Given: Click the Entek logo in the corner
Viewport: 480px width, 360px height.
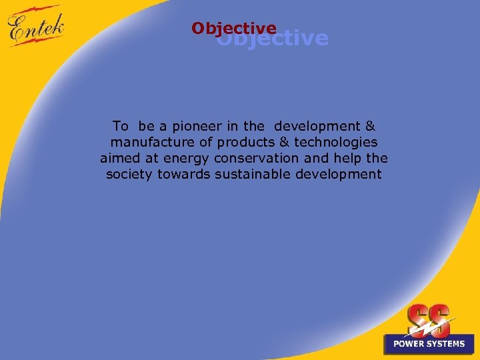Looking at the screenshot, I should tap(37, 27).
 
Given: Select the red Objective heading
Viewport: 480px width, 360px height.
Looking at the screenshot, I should tap(233, 29).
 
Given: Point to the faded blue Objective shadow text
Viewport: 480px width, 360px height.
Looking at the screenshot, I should tap(293, 39).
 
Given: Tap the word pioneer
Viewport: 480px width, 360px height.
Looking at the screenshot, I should tap(198, 125).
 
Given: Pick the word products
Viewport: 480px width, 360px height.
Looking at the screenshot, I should tap(245, 142).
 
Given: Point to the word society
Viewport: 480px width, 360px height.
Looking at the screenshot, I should tap(129, 175).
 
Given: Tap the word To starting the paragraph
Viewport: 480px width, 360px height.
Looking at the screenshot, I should tap(121, 125).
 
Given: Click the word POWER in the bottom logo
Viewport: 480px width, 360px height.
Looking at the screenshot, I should tap(409, 344).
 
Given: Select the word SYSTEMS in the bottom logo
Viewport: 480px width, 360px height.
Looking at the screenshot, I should tap(446, 344).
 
